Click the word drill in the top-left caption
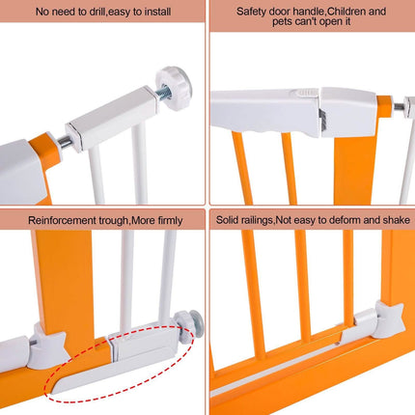(x=97, y=12)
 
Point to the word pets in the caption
(x=282, y=22)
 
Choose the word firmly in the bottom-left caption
(x=170, y=221)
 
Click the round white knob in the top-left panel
(x=174, y=88)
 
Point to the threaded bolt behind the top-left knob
(x=163, y=92)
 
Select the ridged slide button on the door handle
(x=306, y=93)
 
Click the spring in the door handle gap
(x=322, y=120)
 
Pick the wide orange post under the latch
(x=355, y=167)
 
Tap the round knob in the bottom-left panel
(x=189, y=326)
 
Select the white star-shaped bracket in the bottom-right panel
(x=390, y=318)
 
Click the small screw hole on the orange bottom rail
(x=337, y=344)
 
